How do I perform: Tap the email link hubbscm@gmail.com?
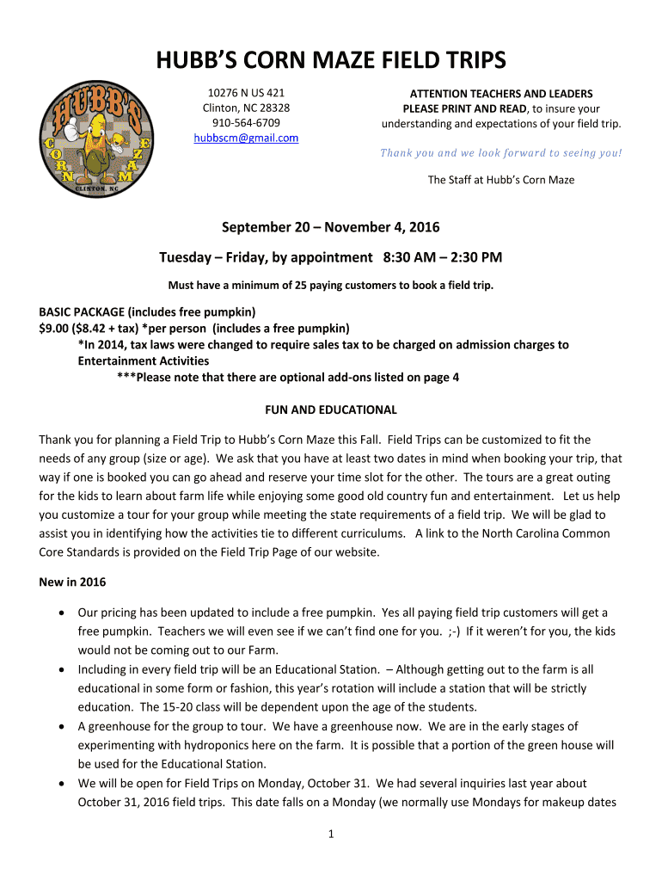point(246,138)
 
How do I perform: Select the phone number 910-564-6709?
point(246,123)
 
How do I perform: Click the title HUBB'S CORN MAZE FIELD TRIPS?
point(331,61)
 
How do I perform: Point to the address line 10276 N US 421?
point(246,93)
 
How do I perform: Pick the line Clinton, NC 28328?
point(246,108)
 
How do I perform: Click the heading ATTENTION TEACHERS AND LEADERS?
point(501,94)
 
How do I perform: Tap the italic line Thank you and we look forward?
point(501,153)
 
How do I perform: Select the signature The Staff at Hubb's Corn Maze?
point(501,180)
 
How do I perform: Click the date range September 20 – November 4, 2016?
point(331,228)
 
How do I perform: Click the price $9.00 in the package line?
point(54,328)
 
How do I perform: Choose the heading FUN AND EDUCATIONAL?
point(331,410)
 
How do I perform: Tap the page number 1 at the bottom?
point(331,834)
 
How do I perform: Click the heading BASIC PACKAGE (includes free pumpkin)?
point(148,311)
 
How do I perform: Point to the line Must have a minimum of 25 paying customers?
point(331,286)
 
